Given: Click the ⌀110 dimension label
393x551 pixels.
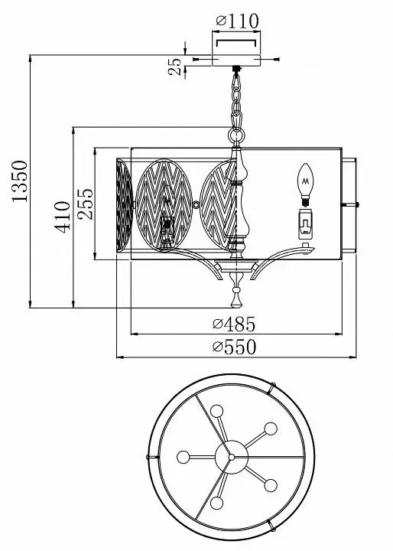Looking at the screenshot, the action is pyautogui.click(x=238, y=21).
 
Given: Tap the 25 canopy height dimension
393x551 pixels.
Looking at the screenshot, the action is pyautogui.click(x=175, y=67).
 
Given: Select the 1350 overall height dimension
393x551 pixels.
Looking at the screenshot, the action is pyautogui.click(x=19, y=181).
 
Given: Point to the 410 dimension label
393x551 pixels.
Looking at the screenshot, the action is pyautogui.click(x=62, y=217).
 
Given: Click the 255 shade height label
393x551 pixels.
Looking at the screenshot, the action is pyautogui.click(x=86, y=204).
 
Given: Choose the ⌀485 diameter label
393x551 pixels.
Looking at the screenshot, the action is pyautogui.click(x=234, y=324).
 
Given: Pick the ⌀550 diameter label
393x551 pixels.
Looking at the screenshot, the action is pyautogui.click(x=234, y=347).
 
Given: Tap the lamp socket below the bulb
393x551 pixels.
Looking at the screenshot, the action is pyautogui.click(x=306, y=224).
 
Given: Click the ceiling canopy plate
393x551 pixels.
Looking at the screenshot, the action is pyautogui.click(x=236, y=60).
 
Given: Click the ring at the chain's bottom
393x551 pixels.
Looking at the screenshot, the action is pyautogui.click(x=237, y=135).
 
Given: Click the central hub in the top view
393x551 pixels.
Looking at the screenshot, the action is pyautogui.click(x=232, y=457).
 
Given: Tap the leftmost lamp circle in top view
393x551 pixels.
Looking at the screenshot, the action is pyautogui.click(x=184, y=457).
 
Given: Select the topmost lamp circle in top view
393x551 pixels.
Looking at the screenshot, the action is pyautogui.click(x=216, y=411).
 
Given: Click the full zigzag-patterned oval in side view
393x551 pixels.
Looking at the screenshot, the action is pyautogui.click(x=164, y=205).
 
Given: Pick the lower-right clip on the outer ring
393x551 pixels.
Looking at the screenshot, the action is pyautogui.click(x=271, y=525).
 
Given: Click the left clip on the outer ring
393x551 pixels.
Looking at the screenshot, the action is pyautogui.click(x=152, y=457).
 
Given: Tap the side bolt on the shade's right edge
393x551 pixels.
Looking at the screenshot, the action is pyautogui.click(x=350, y=204).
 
